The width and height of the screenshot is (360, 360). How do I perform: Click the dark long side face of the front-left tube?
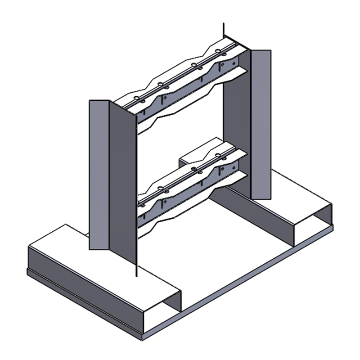[x=90, y=288]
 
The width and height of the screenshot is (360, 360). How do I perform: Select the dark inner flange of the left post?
[x=122, y=180]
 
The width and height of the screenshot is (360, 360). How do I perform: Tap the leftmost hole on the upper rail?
[x=137, y=98]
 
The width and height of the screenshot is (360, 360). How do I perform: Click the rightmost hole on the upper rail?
[x=218, y=51]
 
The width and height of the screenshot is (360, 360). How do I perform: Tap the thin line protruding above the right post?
[x=224, y=31]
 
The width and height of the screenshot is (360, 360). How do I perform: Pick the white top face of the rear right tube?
[x=297, y=193]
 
